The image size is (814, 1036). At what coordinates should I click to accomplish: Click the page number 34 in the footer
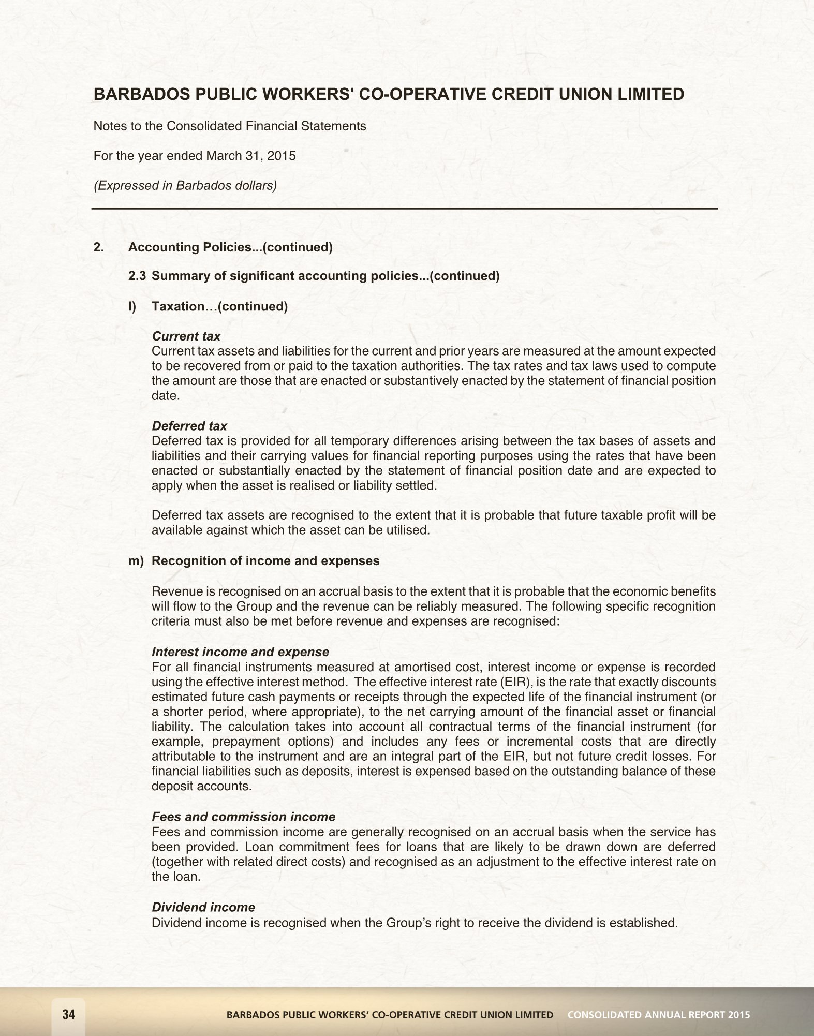tap(68, 1014)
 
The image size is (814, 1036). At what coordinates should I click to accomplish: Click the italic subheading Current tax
tap(186, 336)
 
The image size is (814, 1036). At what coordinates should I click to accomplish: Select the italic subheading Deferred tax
tap(189, 426)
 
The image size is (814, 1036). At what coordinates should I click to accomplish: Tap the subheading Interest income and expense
tap(240, 652)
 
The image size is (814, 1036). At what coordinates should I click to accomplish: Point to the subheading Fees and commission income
tap(243, 817)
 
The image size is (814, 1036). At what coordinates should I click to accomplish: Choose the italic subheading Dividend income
tap(203, 907)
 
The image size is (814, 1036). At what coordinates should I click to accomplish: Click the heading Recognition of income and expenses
tap(265, 561)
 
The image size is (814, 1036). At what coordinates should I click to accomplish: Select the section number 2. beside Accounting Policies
tap(98, 247)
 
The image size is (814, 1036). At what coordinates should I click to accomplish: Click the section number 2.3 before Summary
tap(138, 276)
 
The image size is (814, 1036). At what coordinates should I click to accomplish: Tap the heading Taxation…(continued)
tap(219, 306)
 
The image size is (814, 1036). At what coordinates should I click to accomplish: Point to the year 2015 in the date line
tap(282, 156)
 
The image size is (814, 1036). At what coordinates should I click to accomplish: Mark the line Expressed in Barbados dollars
tap(185, 185)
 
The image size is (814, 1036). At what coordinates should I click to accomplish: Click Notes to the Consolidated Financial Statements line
tap(229, 126)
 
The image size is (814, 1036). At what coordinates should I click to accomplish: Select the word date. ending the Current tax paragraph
tap(165, 396)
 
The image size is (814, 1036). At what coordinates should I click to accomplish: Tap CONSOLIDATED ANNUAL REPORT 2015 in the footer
tap(658, 1015)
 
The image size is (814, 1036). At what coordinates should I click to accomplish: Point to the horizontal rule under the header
tap(405, 209)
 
